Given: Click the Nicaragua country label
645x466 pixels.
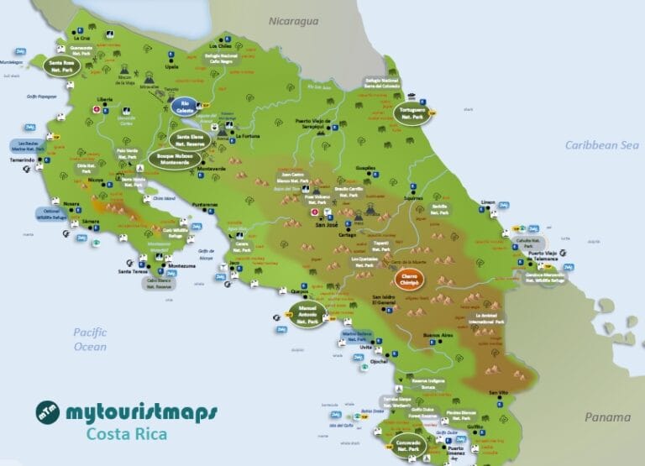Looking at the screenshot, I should (294, 21).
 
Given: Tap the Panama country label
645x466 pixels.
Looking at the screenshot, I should (607, 417).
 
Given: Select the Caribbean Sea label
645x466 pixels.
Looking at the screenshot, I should (601, 145).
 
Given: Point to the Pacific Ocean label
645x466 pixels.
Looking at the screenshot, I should (90, 339).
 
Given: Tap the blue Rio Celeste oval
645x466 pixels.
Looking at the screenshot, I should (185, 107).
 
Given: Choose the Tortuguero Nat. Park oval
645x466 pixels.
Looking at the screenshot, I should (412, 113).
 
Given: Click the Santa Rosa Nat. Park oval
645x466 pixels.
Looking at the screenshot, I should (62, 65).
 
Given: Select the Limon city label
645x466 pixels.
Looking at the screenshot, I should (488, 202).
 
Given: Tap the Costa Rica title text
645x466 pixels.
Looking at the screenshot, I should (127, 435).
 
